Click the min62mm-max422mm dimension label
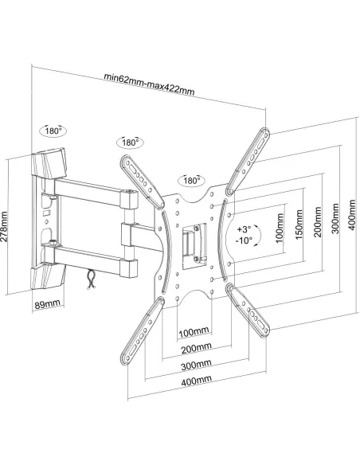(149, 84)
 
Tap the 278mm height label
(4, 227)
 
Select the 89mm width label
(48, 304)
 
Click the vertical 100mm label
(280, 228)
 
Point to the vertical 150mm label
(299, 225)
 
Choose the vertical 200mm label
(317, 222)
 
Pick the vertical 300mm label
(335, 218)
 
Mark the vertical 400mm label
(352, 215)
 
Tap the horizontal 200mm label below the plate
(196, 348)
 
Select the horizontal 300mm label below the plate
(196, 365)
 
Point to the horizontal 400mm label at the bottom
(196, 381)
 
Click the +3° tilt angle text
(244, 229)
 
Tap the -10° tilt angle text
(244, 240)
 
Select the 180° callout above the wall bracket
(53, 131)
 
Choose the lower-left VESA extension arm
(143, 330)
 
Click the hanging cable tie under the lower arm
(91, 279)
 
